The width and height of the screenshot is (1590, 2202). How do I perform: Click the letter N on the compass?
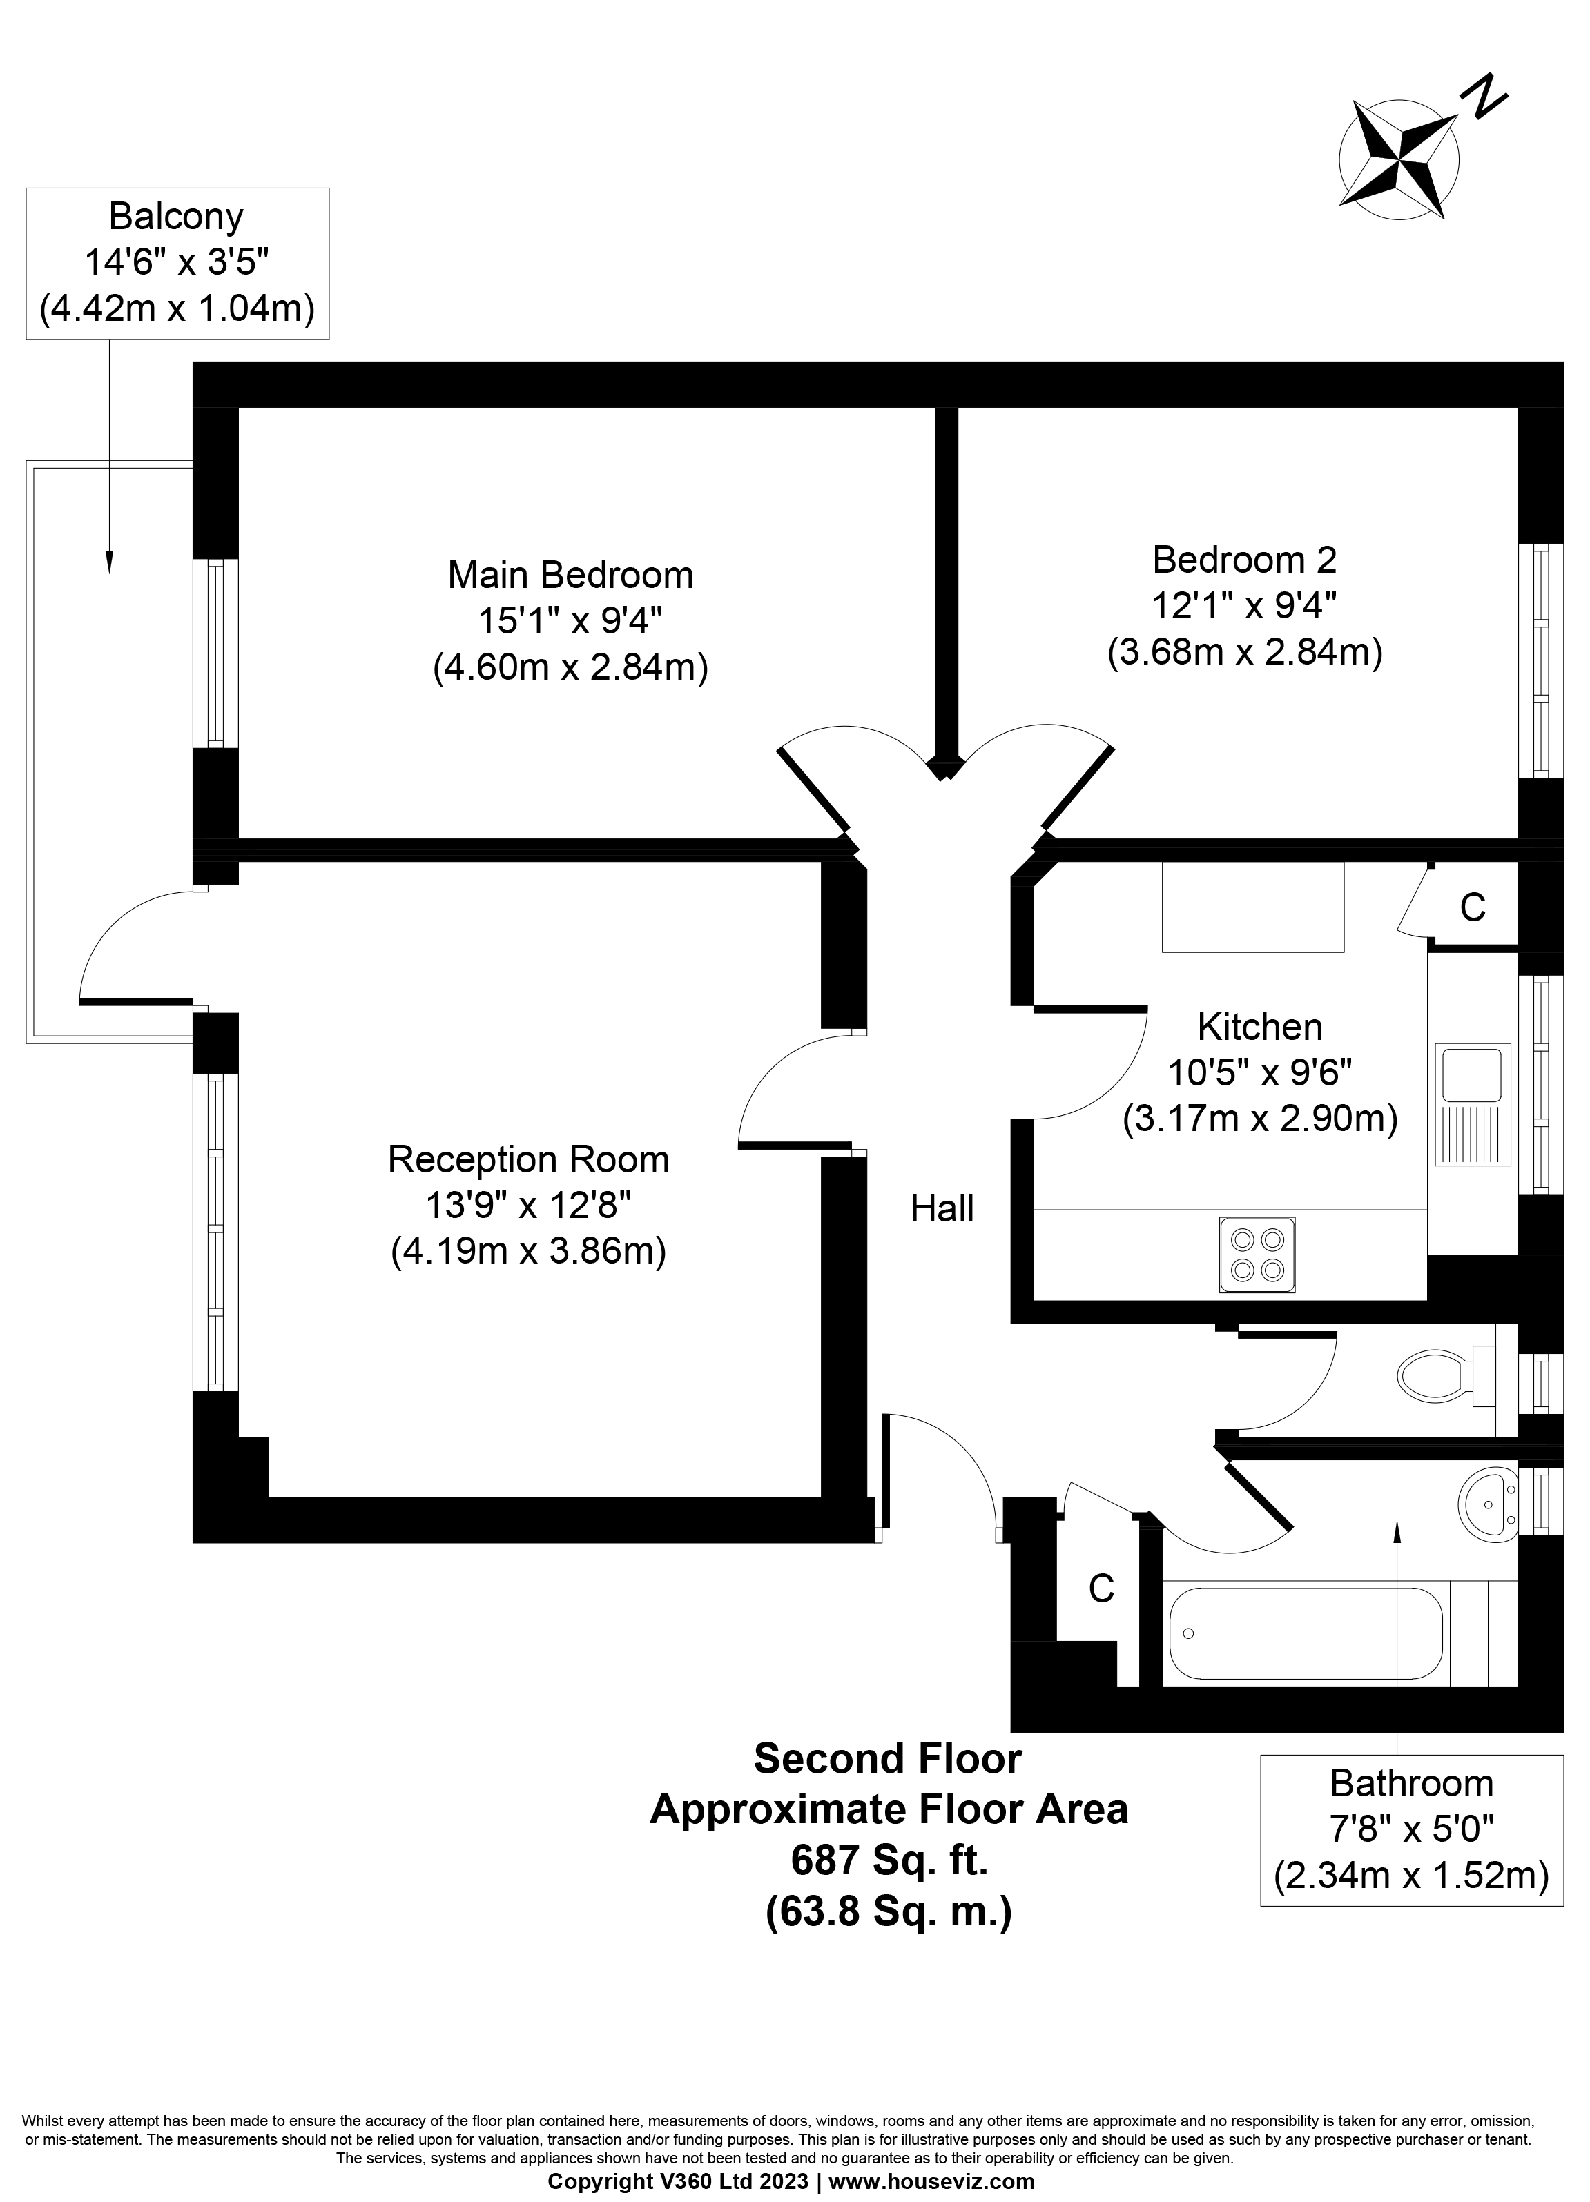[x=1485, y=97]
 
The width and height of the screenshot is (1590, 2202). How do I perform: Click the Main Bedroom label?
[x=570, y=576]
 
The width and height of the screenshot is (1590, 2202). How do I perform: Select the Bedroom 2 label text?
[x=1244, y=560]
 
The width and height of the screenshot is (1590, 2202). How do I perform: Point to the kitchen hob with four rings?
[x=1257, y=1255]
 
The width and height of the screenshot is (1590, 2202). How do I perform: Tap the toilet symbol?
[x=1435, y=1374]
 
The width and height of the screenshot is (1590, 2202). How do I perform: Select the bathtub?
[x=1306, y=1633]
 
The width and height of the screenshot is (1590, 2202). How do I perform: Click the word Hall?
[x=942, y=1209]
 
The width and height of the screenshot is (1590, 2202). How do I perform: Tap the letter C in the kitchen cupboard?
[x=1473, y=908]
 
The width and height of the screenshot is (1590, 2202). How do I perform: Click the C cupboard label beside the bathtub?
[x=1101, y=1589]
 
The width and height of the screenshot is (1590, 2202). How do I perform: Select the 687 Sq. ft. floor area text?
[x=889, y=1861]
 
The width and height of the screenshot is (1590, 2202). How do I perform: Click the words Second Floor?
[x=888, y=1759]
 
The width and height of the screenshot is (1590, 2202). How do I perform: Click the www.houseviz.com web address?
[x=931, y=2181]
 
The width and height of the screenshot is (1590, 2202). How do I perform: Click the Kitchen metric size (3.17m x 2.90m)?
[x=1260, y=1119]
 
